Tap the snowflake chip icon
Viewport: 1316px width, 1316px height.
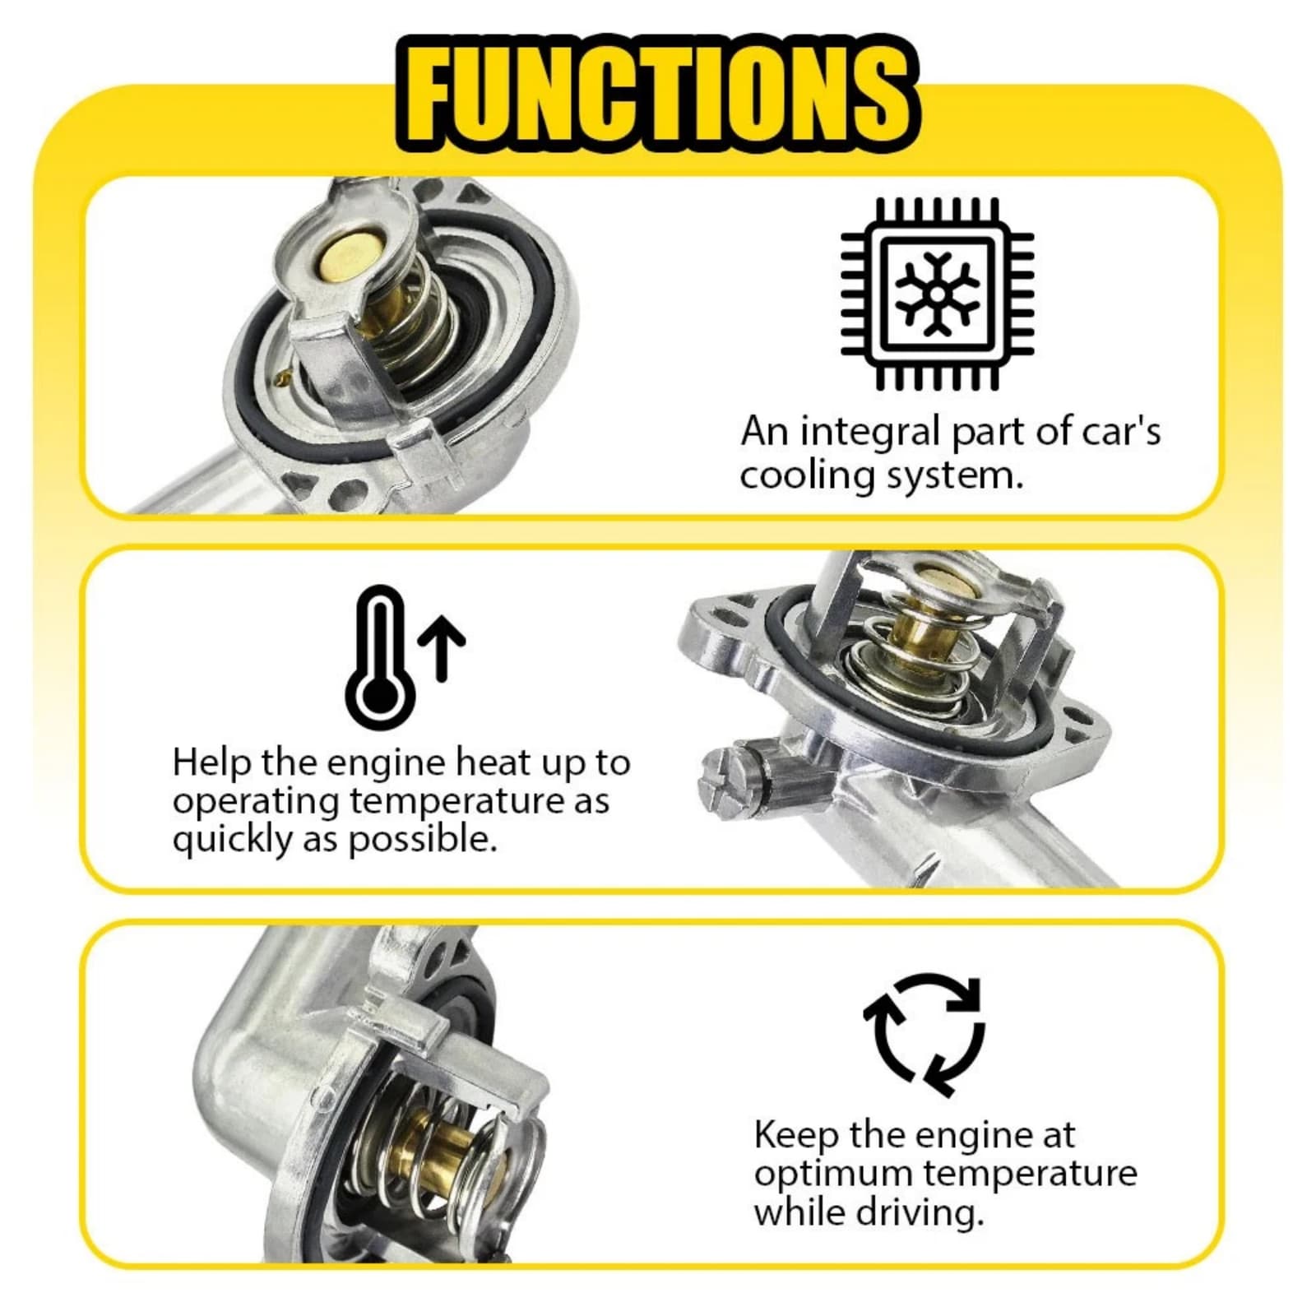click(x=937, y=294)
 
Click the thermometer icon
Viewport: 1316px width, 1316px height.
click(x=379, y=657)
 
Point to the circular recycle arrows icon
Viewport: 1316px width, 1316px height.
click(x=924, y=1034)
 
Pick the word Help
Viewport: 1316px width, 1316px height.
click(x=212, y=764)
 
